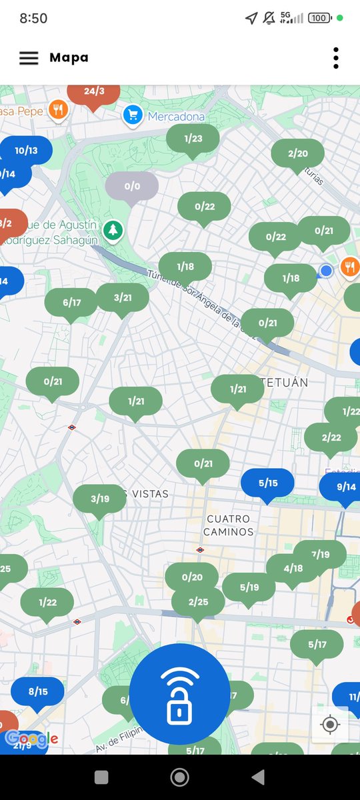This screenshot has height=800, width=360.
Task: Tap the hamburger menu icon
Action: (29, 58)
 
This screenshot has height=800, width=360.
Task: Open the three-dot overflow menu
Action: (336, 58)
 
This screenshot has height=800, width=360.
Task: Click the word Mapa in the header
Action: (69, 58)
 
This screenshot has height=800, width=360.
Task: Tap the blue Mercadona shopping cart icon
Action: (133, 116)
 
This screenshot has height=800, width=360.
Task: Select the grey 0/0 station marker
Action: (132, 187)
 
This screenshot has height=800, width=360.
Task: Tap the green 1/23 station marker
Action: (193, 139)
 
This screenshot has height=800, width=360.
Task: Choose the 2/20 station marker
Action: (297, 154)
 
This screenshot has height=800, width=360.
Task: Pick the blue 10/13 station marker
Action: (27, 151)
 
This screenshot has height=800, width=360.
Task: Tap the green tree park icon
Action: (114, 230)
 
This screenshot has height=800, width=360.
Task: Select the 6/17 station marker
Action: (71, 303)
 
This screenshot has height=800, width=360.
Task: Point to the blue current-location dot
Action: (326, 270)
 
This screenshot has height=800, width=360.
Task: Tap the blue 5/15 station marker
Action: (267, 483)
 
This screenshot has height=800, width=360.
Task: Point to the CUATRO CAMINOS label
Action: (229, 525)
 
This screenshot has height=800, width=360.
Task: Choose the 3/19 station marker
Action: (99, 499)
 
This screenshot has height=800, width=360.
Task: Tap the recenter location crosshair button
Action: (329, 724)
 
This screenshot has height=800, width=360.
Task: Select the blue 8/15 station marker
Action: (38, 691)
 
